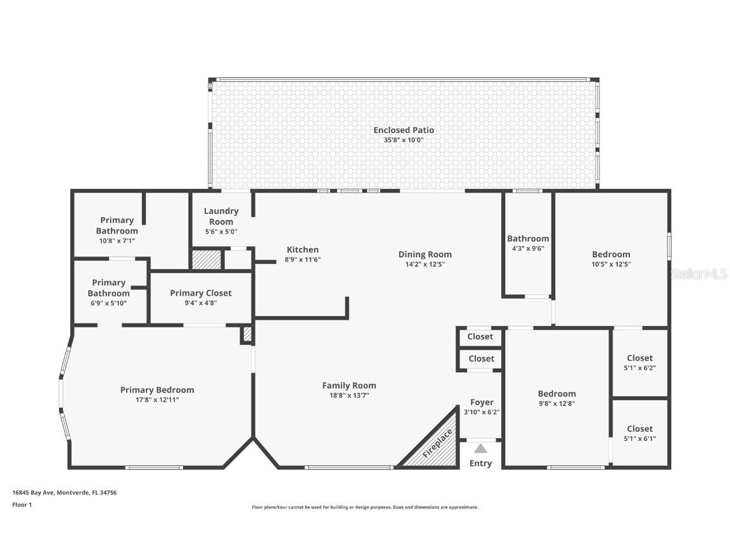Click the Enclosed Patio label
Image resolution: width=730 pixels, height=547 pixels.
(404, 130)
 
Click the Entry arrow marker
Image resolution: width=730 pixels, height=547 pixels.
(481, 449)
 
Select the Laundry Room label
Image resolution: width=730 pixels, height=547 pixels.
(221, 216)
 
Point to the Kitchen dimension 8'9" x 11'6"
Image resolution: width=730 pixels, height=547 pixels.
(302, 259)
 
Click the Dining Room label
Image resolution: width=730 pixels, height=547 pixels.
(425, 254)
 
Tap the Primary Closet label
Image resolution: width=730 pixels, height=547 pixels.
(200, 292)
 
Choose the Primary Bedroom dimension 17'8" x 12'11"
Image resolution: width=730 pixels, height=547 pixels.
(157, 399)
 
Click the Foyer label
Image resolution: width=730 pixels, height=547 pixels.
(482, 402)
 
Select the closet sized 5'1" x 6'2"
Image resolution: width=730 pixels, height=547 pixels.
(639, 363)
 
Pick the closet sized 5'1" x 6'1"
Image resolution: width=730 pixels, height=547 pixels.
(639, 434)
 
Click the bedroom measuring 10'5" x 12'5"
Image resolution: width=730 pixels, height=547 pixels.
(611, 259)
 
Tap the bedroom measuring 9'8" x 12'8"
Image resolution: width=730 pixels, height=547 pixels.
(556, 398)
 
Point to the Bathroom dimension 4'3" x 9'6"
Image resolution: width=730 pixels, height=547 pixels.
(528, 248)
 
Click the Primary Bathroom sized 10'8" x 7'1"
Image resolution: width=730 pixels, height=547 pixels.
(117, 230)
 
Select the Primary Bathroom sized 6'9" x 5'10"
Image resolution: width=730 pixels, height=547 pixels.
(108, 292)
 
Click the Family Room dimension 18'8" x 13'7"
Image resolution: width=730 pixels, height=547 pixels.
(349, 395)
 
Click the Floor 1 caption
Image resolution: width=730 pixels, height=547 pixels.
(22, 505)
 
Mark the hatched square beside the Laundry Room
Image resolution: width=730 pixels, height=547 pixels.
(207, 260)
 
